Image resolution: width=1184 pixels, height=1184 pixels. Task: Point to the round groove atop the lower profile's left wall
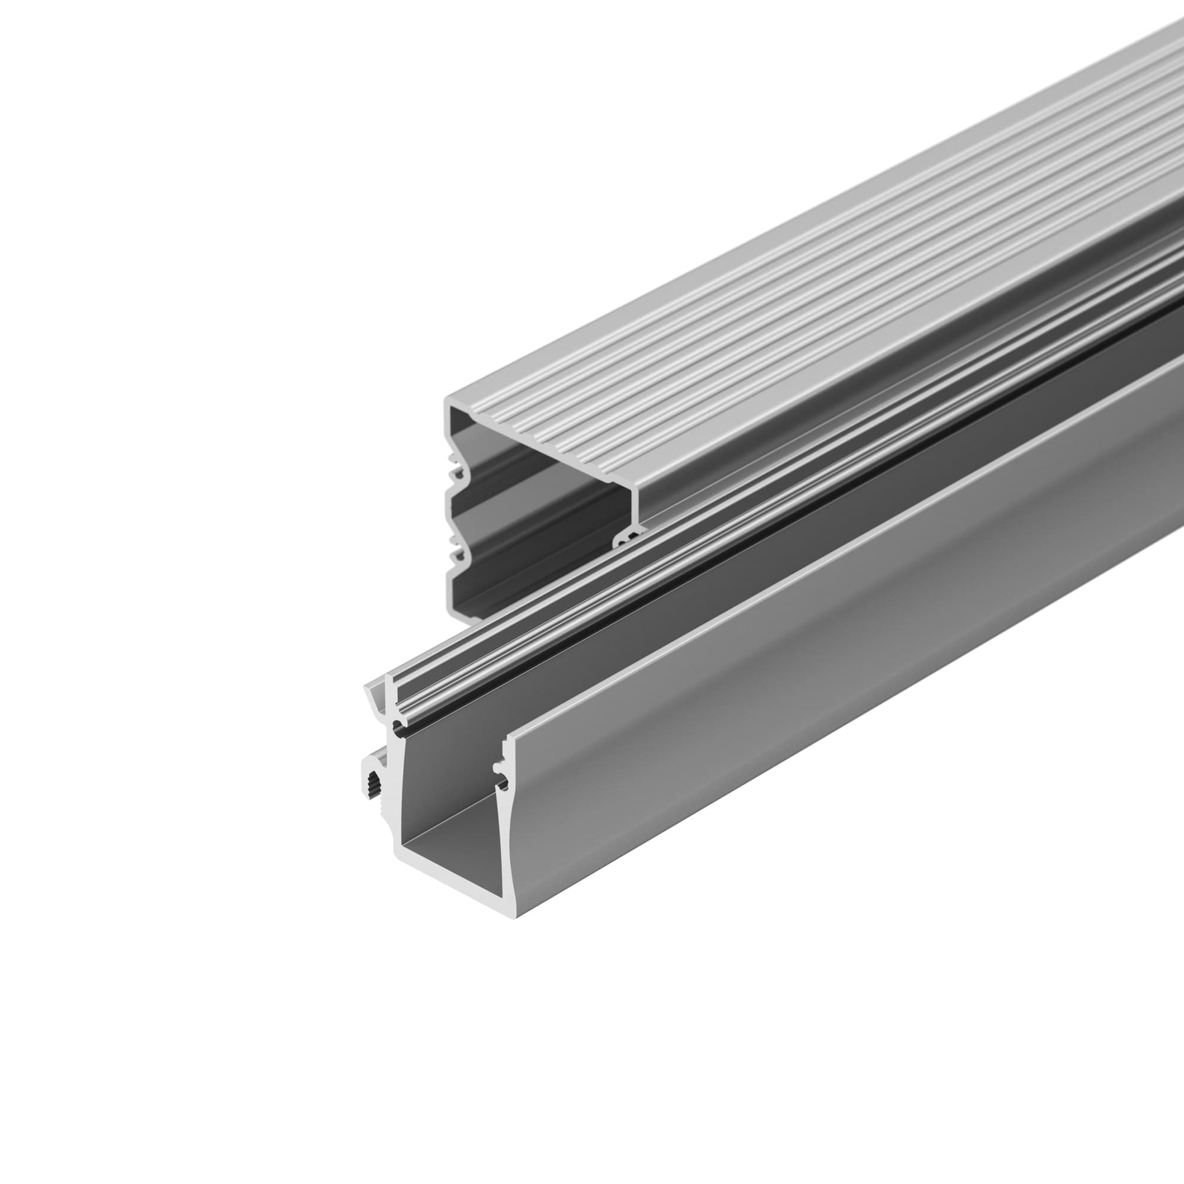pyautogui.click(x=399, y=729)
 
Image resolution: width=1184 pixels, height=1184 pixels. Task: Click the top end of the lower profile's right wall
pyautogui.click(x=508, y=745)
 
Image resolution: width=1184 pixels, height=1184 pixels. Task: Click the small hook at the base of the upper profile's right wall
pyautogui.click(x=625, y=539)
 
